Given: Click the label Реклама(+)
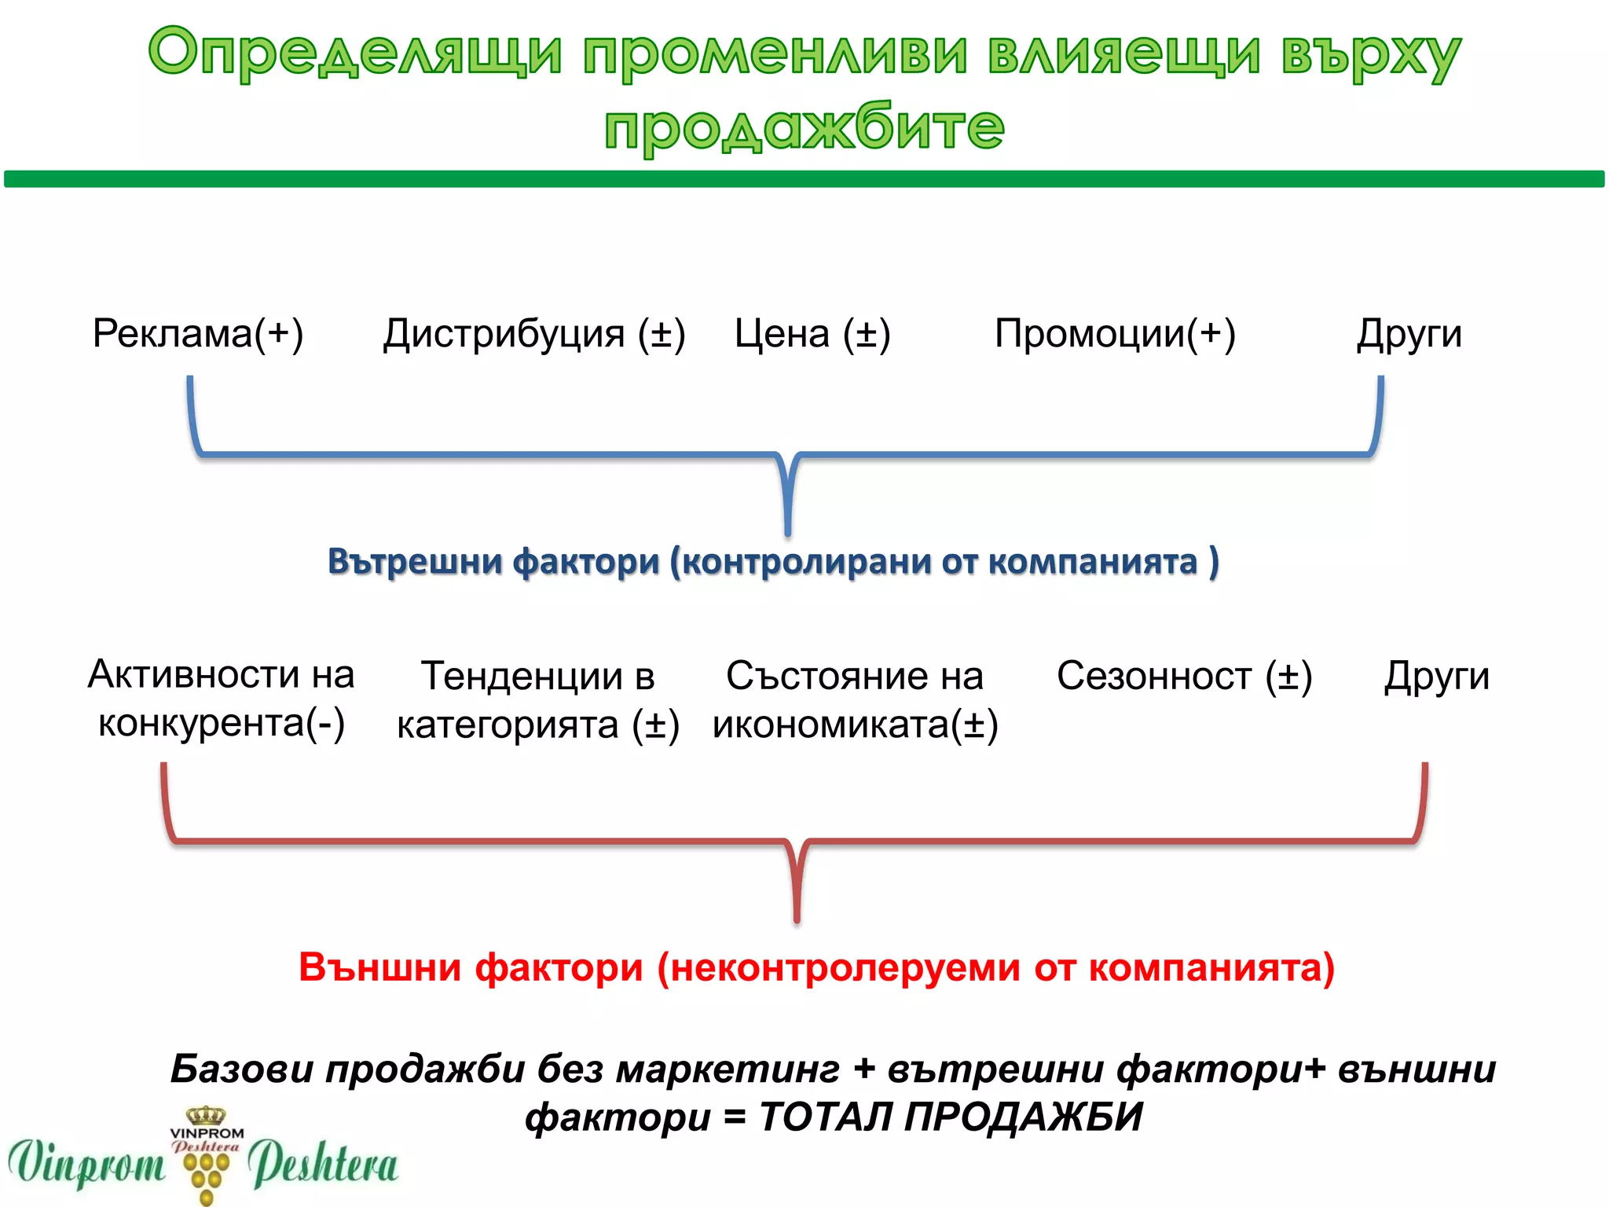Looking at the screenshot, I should (198, 333).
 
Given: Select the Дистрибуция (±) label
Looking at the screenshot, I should (534, 333).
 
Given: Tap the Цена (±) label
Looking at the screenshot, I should (812, 333).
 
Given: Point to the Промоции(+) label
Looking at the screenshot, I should (1115, 333).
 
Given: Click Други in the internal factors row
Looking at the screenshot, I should (1409, 333).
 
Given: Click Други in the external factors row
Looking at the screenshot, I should (1437, 676).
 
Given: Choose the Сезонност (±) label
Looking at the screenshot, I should (1184, 676).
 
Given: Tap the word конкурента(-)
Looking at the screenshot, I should (222, 723).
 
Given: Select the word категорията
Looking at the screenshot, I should (508, 725).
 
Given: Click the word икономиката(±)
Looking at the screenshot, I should (855, 725).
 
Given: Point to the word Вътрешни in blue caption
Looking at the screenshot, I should (415, 561).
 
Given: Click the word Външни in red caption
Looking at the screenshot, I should (379, 967).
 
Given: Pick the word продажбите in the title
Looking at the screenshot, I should (804, 127).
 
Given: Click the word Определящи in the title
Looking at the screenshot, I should (355, 53).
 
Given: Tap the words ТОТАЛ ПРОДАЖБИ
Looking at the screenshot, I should (951, 1116).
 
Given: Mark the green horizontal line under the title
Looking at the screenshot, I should (804, 179).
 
